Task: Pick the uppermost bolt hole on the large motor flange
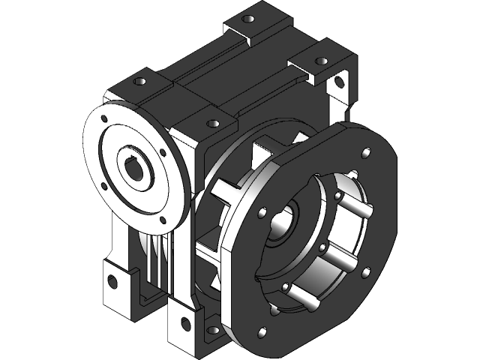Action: click(365, 154)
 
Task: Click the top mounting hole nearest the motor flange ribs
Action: click(212, 123)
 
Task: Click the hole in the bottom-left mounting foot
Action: click(112, 282)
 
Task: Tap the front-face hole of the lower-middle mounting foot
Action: click(183, 325)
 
